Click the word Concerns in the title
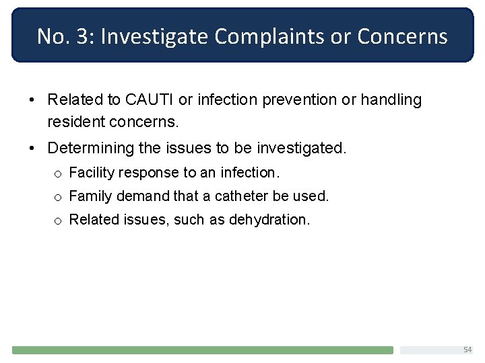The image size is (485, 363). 402,36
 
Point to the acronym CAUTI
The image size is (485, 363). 150,100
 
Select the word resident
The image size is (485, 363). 75,123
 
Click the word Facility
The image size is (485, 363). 92,173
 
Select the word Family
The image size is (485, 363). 90,196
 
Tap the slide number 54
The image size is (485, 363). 467,350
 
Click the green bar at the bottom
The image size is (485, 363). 202,350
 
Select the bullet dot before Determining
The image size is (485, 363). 32,148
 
